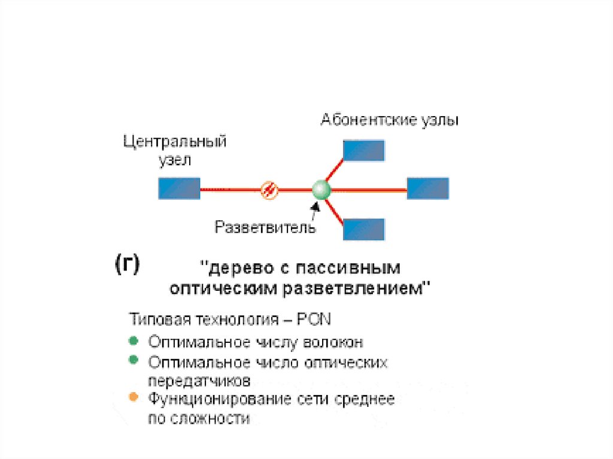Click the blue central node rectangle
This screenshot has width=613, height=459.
tap(179, 189)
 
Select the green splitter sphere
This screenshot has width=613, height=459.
tap(321, 190)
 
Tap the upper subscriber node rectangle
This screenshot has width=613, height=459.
tap(363, 150)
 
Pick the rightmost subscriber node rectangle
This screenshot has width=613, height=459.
tap(427, 189)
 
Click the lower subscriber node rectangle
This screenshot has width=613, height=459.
tap(363, 229)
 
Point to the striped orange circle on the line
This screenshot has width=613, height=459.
tap(269, 190)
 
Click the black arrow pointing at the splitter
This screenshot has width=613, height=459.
tap(314, 208)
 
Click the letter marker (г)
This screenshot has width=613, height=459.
tap(126, 265)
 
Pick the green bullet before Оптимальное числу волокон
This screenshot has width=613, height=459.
tap(133, 341)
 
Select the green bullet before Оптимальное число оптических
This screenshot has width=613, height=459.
tap(133, 360)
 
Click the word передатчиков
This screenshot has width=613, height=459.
tap(199, 381)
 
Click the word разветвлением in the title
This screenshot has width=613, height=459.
tap(356, 288)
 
